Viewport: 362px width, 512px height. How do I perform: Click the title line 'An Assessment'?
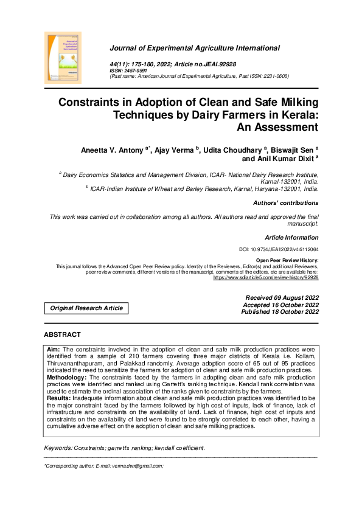click(x=280, y=127)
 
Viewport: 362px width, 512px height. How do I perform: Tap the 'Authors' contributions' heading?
click(x=285, y=203)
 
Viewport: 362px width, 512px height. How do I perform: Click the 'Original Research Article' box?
click(x=86, y=308)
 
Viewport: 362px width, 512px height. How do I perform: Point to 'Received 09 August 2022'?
click(x=281, y=297)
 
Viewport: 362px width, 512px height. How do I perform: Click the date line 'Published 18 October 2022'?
click(x=280, y=312)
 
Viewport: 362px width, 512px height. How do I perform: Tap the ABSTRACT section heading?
click(x=62, y=335)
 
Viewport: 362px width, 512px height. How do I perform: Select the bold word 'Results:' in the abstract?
click(x=59, y=398)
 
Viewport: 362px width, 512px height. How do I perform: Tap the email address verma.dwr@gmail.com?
click(x=132, y=466)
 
